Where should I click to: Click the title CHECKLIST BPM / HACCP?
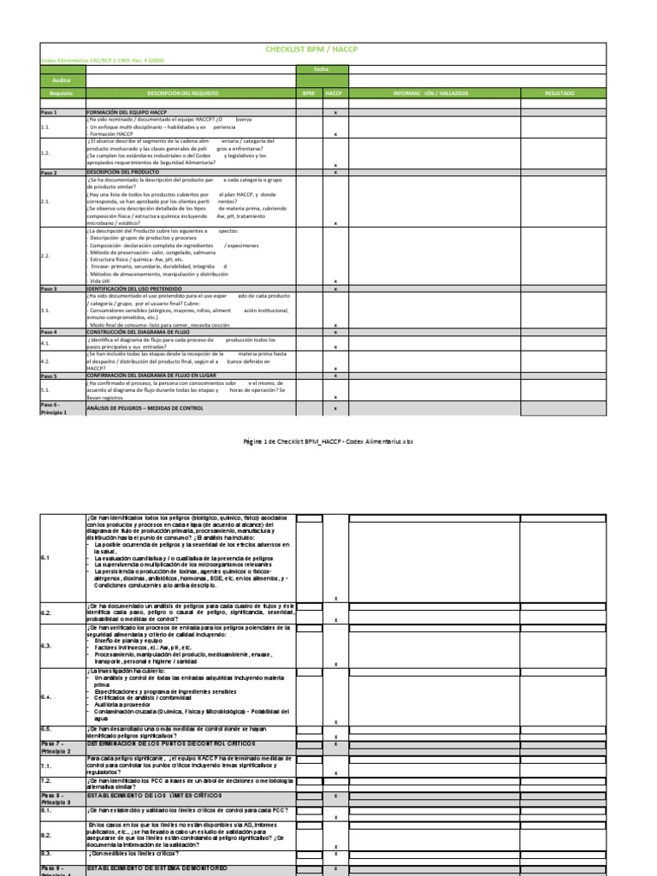323,50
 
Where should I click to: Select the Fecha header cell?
321,69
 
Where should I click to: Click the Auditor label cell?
62,79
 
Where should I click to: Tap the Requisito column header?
62,92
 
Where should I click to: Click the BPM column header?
308,92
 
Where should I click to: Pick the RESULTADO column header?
560,92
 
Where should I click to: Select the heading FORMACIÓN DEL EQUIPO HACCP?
128,112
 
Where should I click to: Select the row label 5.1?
46,390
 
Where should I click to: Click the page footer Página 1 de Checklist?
328,441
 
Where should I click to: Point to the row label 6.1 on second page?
47,558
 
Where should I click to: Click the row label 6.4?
47,697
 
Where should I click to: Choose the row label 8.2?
47,835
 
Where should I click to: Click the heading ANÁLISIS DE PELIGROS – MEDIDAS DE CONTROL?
145,409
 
